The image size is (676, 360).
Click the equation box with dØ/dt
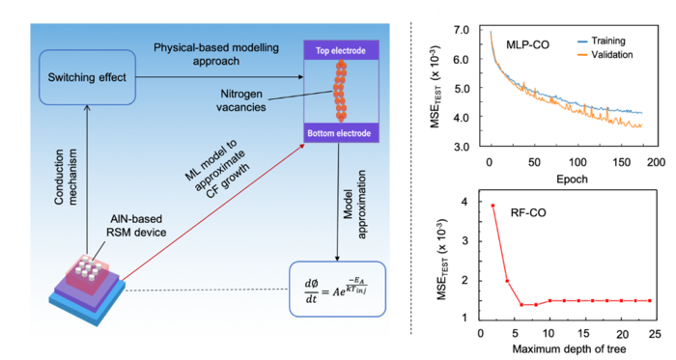tap(337, 288)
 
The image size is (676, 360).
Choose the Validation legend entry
tap(606, 55)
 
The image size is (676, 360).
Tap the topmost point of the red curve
tap(493, 205)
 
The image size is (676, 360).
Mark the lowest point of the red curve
tap(522, 305)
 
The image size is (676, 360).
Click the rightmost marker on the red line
tap(649, 300)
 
